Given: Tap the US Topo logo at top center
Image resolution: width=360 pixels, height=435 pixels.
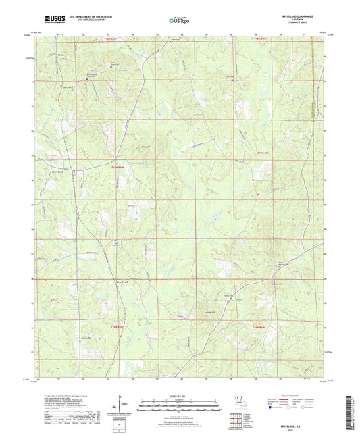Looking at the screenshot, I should [x=180, y=20].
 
